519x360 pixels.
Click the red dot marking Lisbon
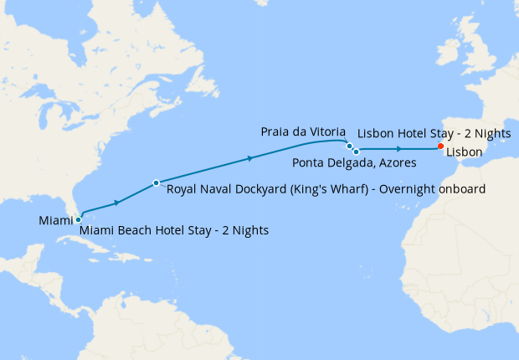[x=441, y=147]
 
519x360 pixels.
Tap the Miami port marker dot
[x=78, y=220]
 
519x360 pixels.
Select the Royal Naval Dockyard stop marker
[x=157, y=183]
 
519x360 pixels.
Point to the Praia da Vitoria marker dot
[x=349, y=146]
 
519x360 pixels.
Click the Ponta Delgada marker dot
[x=356, y=152]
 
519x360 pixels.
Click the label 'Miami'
[x=55, y=220]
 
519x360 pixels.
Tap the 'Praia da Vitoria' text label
[x=301, y=132]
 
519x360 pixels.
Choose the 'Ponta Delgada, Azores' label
[x=354, y=162]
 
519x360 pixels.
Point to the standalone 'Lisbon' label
[x=464, y=152]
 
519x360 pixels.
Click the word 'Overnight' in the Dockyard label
[x=407, y=189]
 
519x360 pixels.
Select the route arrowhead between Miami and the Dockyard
[x=117, y=202]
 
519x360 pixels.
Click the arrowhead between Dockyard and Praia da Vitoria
[x=249, y=157]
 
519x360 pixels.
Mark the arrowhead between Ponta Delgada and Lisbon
[x=398, y=149]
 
